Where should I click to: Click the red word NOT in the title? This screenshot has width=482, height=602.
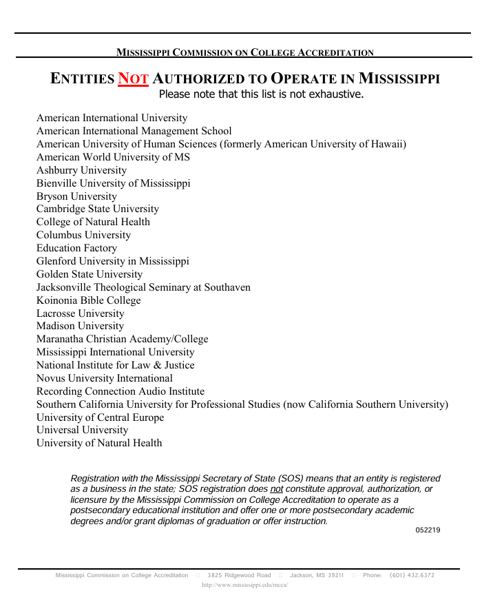click(133, 79)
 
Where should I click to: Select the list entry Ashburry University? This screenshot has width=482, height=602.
click(81, 170)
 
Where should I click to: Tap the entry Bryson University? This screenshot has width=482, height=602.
click(76, 196)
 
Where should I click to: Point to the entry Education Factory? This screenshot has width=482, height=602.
click(76, 248)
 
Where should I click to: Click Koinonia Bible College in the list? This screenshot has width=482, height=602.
click(88, 300)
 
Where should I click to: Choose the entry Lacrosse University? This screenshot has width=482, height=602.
click(80, 313)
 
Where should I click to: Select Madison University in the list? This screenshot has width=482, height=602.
click(80, 326)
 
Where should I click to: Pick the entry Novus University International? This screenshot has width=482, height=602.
click(104, 378)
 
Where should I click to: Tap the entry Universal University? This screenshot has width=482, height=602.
click(82, 430)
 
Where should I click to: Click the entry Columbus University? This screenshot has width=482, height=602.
click(83, 235)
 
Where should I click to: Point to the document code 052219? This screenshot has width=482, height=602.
click(428, 530)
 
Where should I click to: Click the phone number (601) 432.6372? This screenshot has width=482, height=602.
click(412, 575)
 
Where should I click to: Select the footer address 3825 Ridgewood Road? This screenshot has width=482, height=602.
click(239, 575)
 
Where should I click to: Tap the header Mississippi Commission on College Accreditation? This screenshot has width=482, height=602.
click(244, 52)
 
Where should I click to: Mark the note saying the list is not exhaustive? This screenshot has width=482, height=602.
click(261, 94)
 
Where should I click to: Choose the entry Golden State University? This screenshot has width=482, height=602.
click(90, 274)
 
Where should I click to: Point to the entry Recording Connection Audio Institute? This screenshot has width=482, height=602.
click(120, 391)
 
